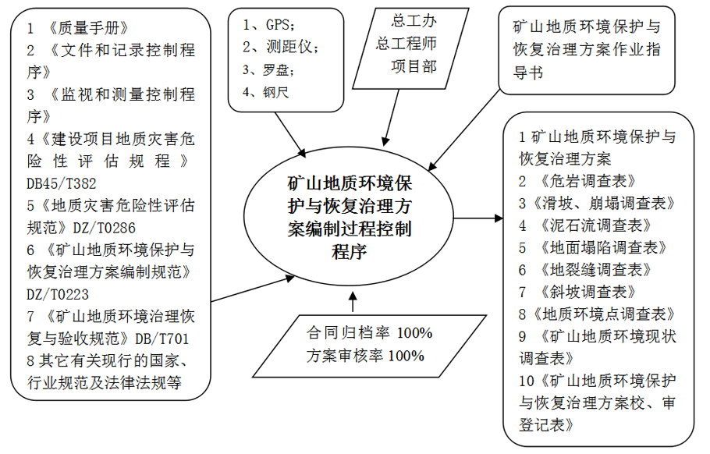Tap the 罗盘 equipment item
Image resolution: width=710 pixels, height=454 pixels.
click(273, 69)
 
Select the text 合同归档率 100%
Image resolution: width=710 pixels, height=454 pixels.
click(369, 333)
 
